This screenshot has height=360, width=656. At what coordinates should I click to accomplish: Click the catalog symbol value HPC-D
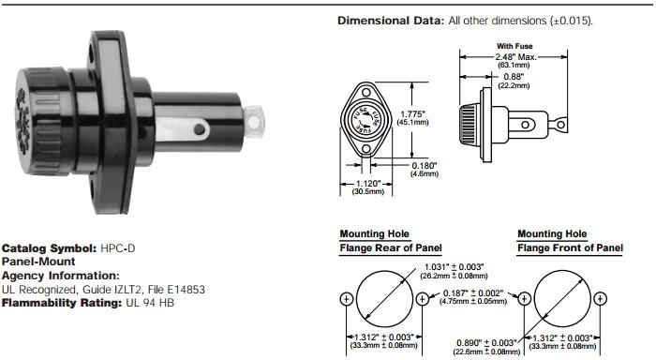pos(117,248)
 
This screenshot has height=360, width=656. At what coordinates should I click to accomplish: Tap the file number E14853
pos(186,290)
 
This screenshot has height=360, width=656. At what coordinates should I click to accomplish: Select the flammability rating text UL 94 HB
pos(150,303)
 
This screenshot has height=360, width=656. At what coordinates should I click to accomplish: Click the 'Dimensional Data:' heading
pos(391,21)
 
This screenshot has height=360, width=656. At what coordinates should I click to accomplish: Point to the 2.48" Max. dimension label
pos(515,56)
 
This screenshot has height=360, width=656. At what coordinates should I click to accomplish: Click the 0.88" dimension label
pos(514,77)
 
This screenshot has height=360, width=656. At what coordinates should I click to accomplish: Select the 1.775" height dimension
pos(412,113)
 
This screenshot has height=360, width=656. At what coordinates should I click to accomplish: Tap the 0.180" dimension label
pos(424,166)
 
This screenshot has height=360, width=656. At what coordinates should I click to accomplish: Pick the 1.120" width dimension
pos(368,184)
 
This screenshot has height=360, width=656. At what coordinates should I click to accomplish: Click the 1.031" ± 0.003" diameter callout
pos(454,267)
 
